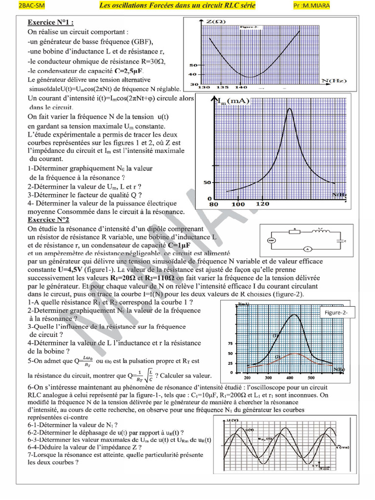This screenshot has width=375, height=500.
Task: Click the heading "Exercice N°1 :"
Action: click(x=50, y=22)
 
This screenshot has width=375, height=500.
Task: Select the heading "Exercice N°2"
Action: click(x=48, y=220)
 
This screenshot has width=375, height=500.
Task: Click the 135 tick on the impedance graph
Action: click(x=222, y=87)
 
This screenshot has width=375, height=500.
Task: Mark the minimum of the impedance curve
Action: click(x=250, y=77)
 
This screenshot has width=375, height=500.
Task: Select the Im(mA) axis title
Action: click(x=232, y=101)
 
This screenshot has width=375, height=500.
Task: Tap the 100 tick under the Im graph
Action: click(x=238, y=204)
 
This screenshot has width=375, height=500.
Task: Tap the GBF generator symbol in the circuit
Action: click(x=271, y=240)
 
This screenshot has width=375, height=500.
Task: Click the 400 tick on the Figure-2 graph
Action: click(x=291, y=378)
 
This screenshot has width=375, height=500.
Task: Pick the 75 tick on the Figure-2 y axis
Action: click(x=230, y=343)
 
